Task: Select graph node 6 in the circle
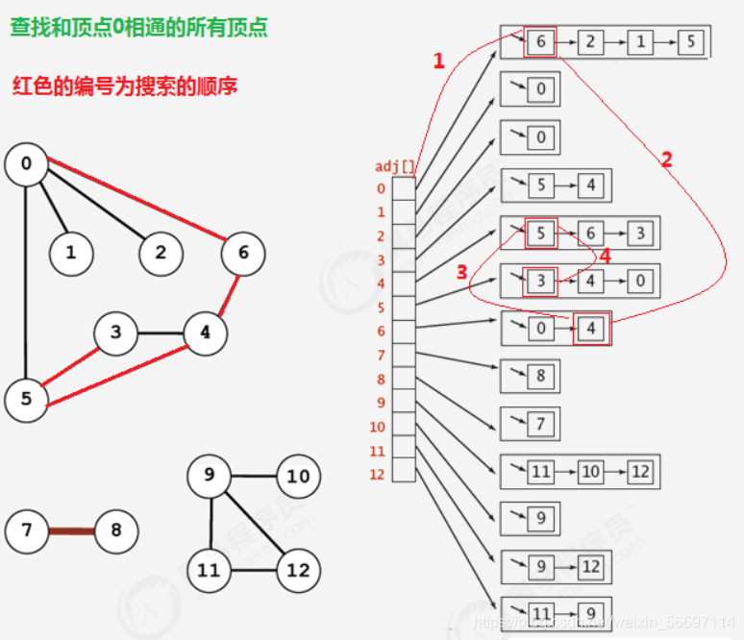pyautogui.click(x=242, y=253)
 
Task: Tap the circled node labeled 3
pyautogui.click(x=116, y=333)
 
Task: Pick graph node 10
pyautogui.click(x=298, y=476)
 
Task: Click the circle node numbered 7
pyautogui.click(x=27, y=529)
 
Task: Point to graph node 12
pyautogui.click(x=298, y=570)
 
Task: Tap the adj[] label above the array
pyautogui.click(x=394, y=166)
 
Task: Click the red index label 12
pyautogui.click(x=377, y=475)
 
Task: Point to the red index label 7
pyautogui.click(x=381, y=356)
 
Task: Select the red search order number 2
pyautogui.click(x=666, y=160)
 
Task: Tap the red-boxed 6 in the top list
pyautogui.click(x=540, y=42)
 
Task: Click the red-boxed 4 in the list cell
pyautogui.click(x=591, y=330)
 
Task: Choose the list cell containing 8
pyautogui.click(x=540, y=376)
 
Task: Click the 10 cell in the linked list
pyautogui.click(x=589, y=471)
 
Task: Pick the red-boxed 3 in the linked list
pyautogui.click(x=540, y=282)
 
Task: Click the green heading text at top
pyautogui.click(x=138, y=27)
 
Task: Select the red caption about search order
pyautogui.click(x=125, y=86)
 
